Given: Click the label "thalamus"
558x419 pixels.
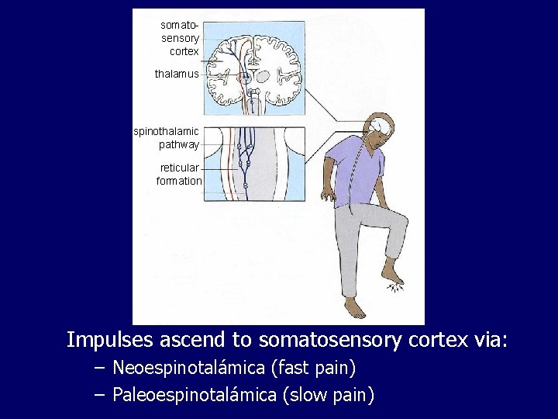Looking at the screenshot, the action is coord(177,74).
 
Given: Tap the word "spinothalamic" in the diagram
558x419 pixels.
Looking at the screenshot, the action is coord(167,131).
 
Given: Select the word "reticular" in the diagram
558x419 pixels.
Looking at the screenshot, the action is coord(180,168).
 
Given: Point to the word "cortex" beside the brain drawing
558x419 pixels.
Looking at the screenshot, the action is coord(184,51).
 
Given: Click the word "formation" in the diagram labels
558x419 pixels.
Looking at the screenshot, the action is coord(179,181).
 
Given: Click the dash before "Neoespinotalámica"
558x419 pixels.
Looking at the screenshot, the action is coord(98,368).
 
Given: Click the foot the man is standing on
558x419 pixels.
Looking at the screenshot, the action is coord(355,308).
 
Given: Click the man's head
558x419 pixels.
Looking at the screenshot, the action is coord(381,128).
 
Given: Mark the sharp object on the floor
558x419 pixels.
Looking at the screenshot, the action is coord(398,288).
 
